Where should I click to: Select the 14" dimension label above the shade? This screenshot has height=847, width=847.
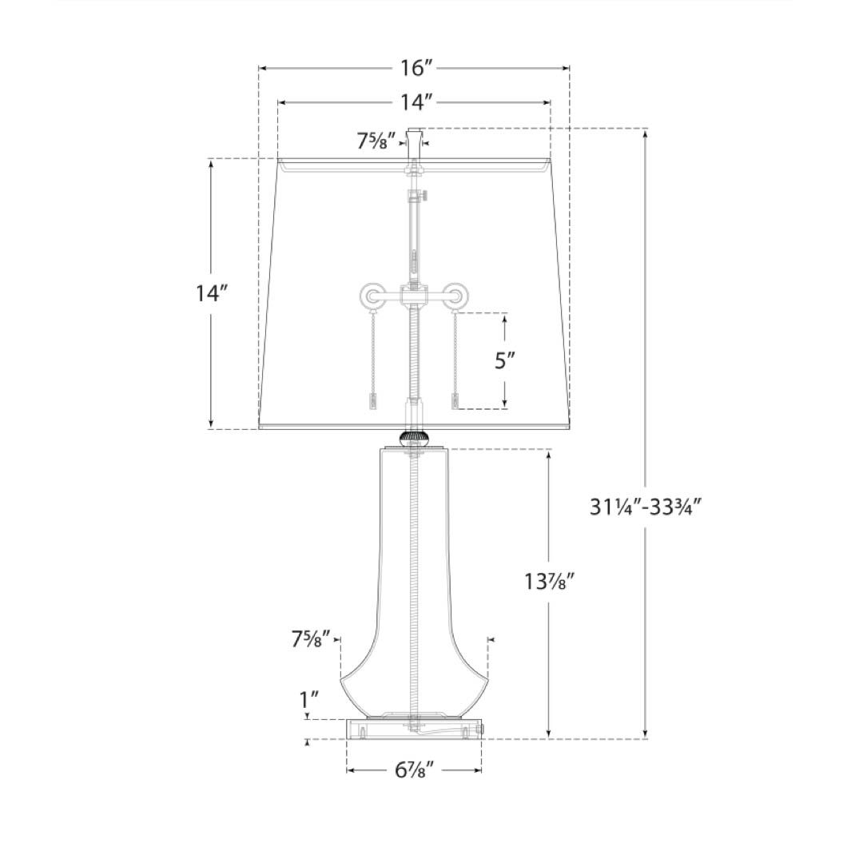click(415, 101)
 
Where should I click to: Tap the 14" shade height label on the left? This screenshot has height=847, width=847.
click(212, 293)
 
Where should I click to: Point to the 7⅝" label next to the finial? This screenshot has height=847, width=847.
click(376, 142)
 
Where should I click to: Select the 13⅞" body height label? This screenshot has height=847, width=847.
click(549, 582)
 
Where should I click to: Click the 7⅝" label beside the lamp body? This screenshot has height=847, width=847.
click(310, 639)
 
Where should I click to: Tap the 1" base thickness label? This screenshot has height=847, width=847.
click(309, 699)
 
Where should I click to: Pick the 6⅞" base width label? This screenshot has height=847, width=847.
click(414, 770)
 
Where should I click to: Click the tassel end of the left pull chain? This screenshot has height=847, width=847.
click(372, 401)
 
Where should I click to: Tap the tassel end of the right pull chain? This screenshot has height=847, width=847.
click(456, 401)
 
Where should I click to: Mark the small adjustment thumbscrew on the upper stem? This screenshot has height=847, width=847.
click(424, 194)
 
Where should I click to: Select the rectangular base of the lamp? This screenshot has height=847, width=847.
click(414, 729)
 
